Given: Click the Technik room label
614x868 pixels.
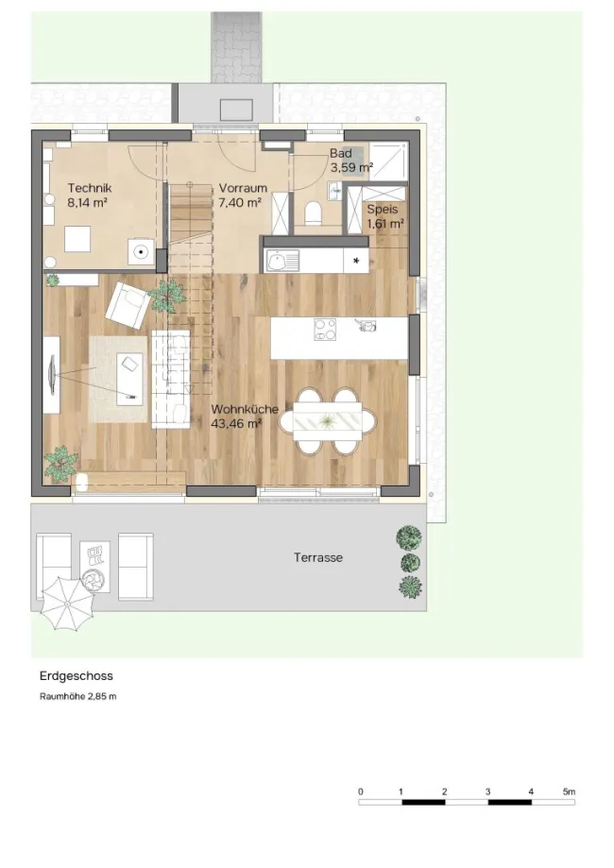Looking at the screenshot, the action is click(90, 188).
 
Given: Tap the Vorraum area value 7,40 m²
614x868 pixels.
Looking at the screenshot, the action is click(240, 203).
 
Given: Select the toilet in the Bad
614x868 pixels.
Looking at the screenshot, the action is click(314, 213).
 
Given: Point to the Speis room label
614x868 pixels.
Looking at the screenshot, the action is click(383, 210).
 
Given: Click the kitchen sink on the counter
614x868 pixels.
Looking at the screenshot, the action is click(282, 261).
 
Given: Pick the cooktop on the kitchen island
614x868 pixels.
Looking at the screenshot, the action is click(325, 330).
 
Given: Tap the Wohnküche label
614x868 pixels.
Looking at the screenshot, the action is click(245, 410).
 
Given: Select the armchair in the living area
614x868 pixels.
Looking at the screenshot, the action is click(128, 304).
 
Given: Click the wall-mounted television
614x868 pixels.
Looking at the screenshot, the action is click(52, 375).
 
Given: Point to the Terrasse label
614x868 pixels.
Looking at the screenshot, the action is click(318, 557).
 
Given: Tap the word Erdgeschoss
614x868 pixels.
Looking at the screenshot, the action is click(77, 676).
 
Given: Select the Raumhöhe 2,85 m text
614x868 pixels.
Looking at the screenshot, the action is click(78, 696).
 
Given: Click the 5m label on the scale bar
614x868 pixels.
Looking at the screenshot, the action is click(569, 791).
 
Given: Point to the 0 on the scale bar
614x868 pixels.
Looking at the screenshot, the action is click(361, 791).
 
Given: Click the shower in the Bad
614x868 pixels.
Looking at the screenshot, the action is click(388, 161).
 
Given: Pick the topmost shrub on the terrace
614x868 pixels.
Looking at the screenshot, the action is click(409, 538).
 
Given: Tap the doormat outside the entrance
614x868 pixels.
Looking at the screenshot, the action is click(236, 110).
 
